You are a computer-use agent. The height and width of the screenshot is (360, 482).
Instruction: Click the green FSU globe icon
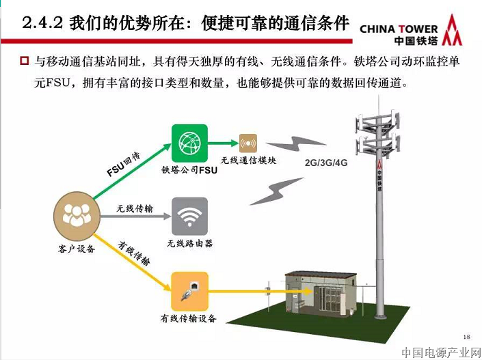(189, 144)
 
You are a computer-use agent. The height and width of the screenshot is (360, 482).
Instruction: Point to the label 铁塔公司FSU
(189, 170)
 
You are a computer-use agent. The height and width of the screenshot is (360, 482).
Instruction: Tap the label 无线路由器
(189, 243)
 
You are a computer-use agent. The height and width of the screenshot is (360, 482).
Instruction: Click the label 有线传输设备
(189, 318)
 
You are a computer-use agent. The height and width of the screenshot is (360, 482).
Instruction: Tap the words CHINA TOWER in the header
(398, 29)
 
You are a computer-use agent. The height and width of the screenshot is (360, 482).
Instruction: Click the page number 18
(467, 337)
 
